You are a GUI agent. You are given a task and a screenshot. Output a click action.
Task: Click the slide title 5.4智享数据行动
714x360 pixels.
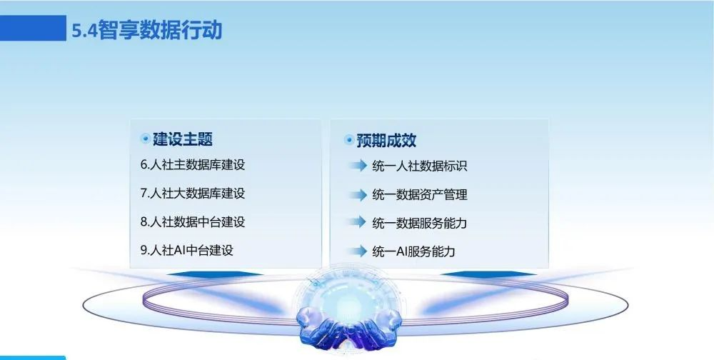click(x=146, y=30)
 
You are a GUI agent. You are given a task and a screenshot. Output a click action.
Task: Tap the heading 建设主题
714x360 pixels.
click(x=183, y=139)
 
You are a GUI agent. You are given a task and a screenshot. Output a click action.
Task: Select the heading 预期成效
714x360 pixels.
click(x=386, y=140)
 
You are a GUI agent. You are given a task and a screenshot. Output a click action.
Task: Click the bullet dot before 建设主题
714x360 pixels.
click(x=145, y=139)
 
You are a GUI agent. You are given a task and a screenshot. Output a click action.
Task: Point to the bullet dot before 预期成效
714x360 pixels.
click(x=349, y=140)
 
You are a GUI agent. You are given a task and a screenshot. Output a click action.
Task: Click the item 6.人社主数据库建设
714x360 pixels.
click(x=193, y=164)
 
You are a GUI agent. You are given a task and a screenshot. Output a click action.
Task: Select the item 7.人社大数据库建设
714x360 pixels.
click(x=193, y=194)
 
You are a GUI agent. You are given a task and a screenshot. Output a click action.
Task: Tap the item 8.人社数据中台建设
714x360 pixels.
click(x=193, y=222)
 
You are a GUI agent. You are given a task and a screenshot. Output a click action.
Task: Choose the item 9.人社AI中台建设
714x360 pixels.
click(x=186, y=250)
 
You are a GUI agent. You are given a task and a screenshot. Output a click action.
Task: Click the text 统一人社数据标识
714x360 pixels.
click(x=419, y=166)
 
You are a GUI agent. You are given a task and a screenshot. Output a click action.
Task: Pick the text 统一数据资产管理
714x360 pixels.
click(x=419, y=195)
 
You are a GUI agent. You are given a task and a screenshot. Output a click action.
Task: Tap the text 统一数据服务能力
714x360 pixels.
click(x=419, y=224)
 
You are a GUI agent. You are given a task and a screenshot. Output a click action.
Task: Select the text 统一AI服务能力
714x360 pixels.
click(x=413, y=251)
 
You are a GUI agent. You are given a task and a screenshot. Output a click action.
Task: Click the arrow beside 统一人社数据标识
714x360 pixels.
click(x=358, y=166)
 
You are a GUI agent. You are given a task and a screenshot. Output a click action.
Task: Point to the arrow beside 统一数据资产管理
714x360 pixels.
click(x=358, y=194)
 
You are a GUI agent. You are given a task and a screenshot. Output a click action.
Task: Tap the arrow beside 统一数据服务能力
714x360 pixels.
click(x=358, y=222)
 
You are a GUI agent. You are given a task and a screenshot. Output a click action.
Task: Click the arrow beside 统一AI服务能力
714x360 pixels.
click(x=358, y=251)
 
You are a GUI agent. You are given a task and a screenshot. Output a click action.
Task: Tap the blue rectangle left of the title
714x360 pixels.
click(x=33, y=28)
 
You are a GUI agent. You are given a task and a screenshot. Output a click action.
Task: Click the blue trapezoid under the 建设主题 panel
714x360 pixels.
click(x=214, y=274)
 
